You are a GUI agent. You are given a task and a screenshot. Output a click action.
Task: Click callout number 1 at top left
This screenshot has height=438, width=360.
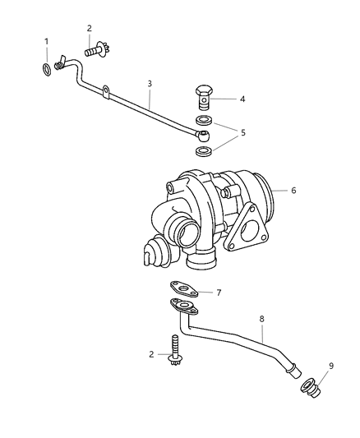tap(47, 41)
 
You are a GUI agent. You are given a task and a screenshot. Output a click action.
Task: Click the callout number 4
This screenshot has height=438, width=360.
tap(242, 99)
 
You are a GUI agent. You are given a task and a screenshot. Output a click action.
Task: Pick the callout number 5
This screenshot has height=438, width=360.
tap(242, 131)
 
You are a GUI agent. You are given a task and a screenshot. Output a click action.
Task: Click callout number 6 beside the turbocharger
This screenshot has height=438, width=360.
tap(293, 190)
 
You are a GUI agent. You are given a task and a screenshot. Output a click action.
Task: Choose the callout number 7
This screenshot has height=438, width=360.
tap(219, 292)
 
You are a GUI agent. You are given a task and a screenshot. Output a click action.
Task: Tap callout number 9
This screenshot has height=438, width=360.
tap(331, 367)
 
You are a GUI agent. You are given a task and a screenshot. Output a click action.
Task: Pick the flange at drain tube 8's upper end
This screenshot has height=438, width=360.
tap(184, 308)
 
